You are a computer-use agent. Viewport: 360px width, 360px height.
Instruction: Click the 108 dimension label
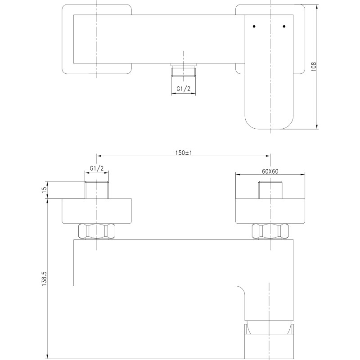click(314, 66)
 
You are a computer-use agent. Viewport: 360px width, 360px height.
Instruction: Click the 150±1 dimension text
click(184, 153)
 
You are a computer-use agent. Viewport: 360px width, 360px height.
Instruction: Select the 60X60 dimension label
click(270, 171)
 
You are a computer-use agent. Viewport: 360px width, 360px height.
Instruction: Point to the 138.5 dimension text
click(44, 278)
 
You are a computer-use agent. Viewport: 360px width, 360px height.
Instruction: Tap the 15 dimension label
click(45, 189)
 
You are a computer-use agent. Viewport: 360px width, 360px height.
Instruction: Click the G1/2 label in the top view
click(184, 89)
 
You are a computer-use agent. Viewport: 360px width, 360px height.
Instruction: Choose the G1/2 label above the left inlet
click(97, 168)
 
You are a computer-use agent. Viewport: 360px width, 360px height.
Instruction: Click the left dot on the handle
click(254, 27)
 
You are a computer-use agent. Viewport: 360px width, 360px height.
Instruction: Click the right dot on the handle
click(284, 27)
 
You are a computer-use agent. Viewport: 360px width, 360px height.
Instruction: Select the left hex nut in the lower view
click(97, 231)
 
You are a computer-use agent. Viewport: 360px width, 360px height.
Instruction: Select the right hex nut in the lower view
click(270, 231)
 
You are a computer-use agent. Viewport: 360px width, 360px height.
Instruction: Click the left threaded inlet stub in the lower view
click(97, 189)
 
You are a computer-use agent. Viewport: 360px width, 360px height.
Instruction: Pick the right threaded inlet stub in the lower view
click(270, 189)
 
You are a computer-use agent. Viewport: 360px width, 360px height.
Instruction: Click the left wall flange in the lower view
click(97, 211)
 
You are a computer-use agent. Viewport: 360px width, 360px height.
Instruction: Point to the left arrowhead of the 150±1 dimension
click(99, 156)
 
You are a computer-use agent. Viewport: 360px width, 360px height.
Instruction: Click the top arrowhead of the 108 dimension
click(317, 6)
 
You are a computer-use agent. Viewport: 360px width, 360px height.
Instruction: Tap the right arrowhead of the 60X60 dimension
click(302, 175)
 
